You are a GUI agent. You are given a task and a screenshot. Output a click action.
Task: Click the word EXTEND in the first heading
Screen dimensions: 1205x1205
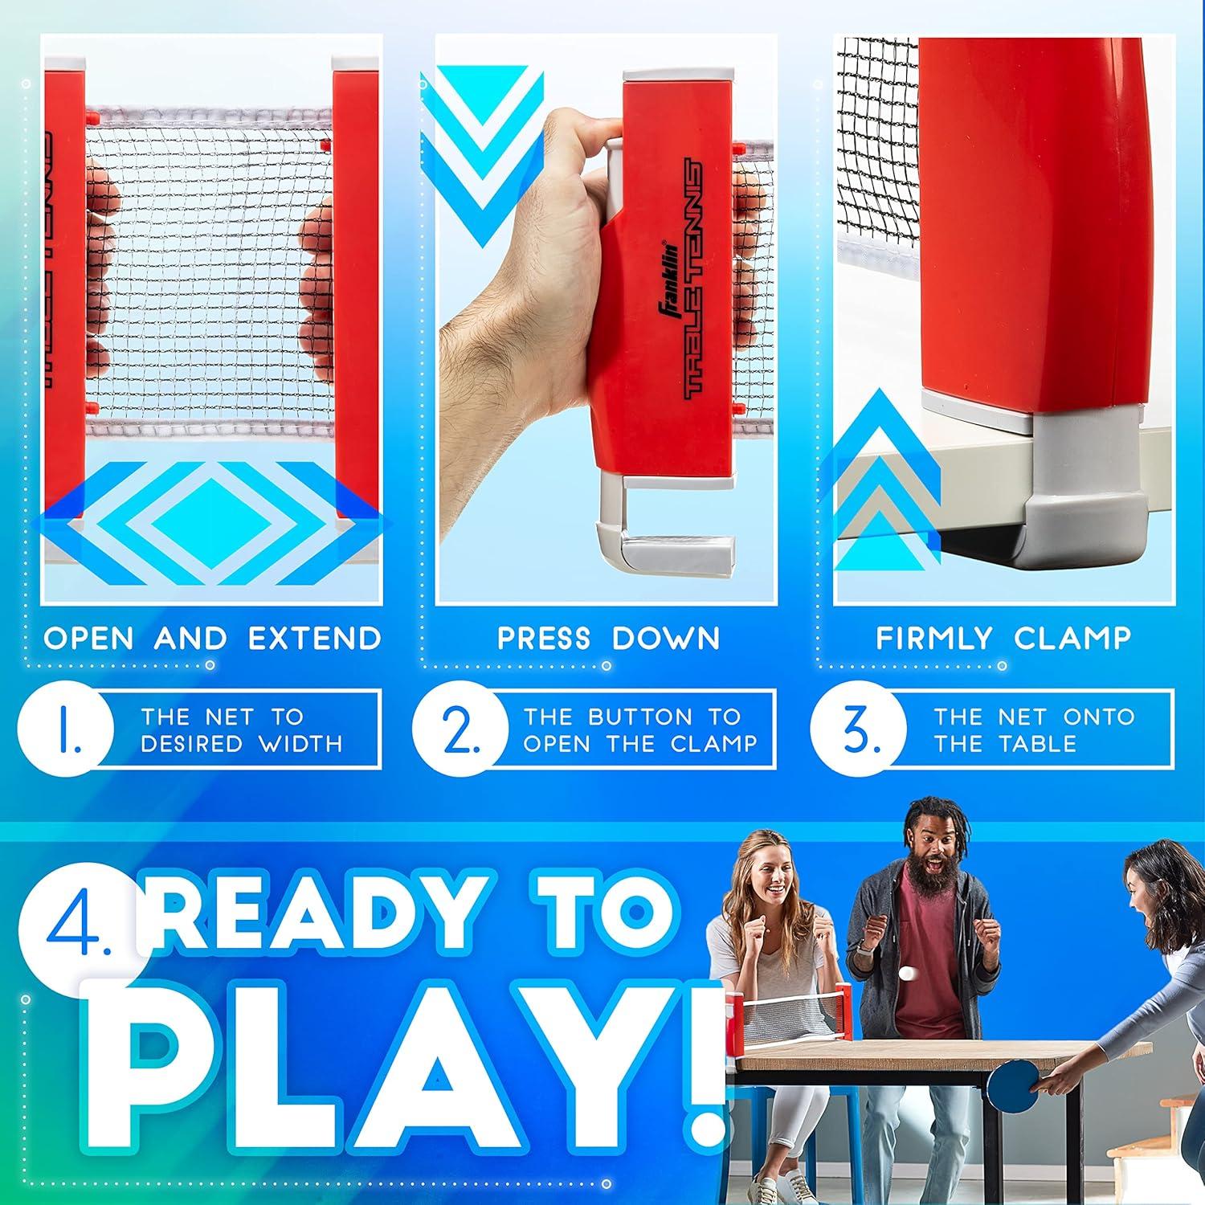tap(314, 639)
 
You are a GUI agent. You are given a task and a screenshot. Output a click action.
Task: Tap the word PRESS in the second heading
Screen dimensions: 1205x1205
tap(545, 639)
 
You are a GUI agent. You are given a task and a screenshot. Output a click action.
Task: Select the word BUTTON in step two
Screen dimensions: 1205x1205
tap(639, 717)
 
